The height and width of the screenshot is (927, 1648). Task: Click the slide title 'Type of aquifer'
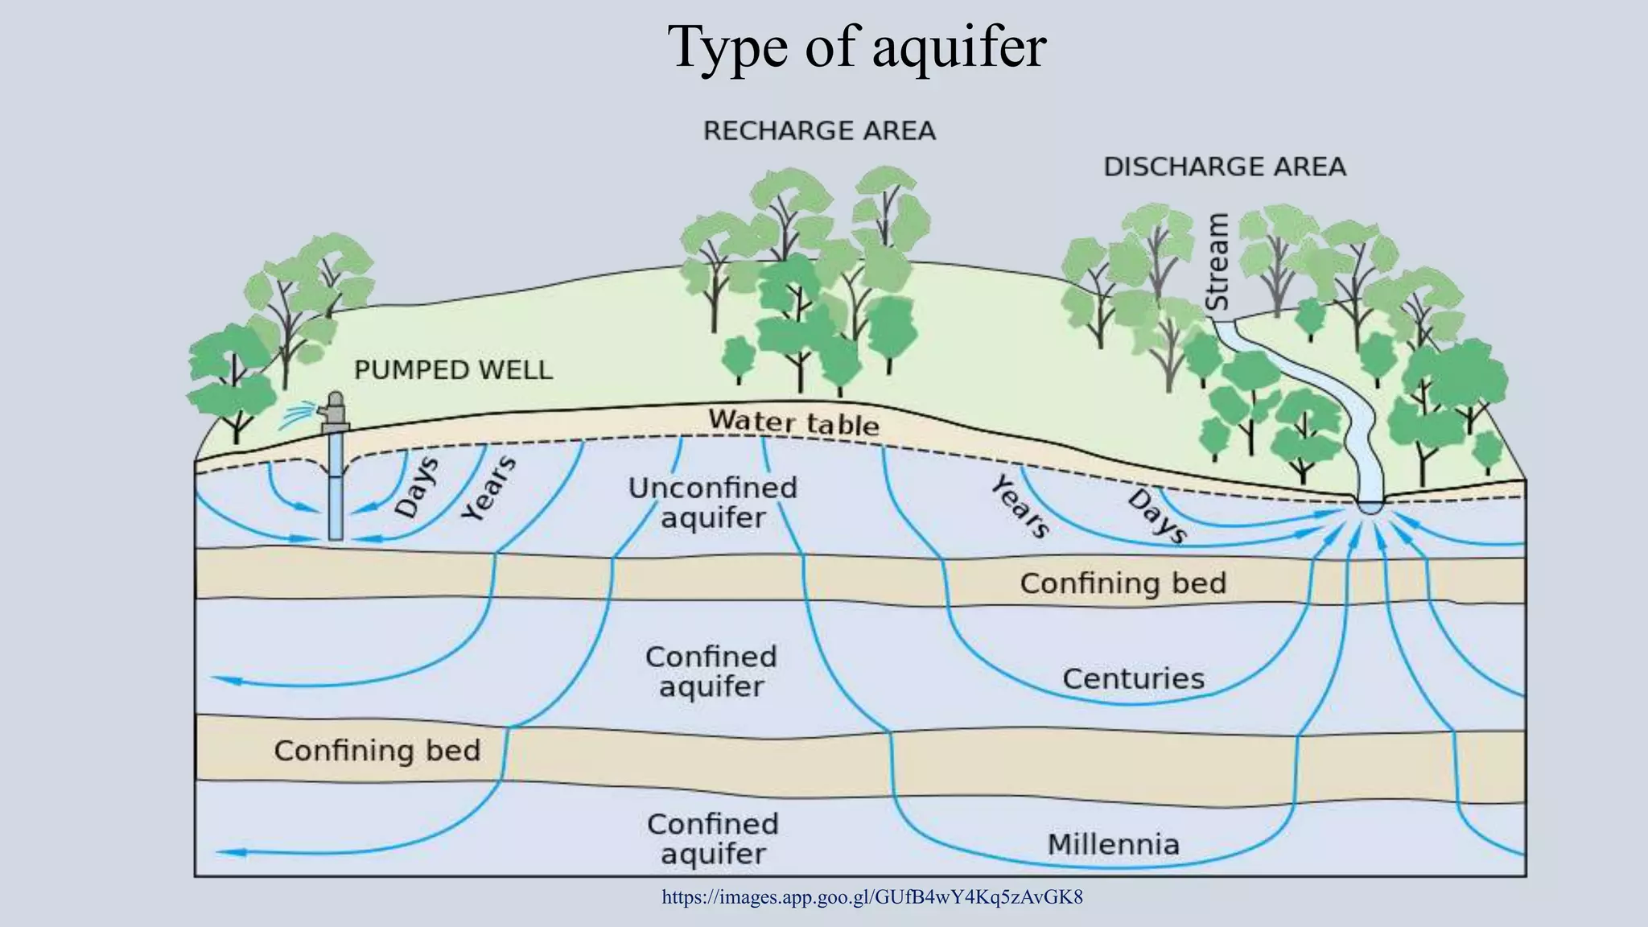(x=856, y=47)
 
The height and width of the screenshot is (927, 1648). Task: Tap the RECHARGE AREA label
(x=819, y=130)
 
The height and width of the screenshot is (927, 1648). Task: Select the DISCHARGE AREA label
(x=1224, y=167)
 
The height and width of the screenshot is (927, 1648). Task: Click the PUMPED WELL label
(x=453, y=370)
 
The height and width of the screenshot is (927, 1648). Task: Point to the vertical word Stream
(x=1217, y=262)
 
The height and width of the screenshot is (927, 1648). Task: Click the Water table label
(x=793, y=422)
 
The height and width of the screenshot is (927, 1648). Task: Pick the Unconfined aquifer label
(x=713, y=503)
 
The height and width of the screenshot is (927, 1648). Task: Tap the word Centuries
(x=1133, y=679)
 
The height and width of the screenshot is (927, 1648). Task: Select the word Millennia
(x=1113, y=845)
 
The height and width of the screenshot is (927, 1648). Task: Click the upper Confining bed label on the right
(x=1123, y=583)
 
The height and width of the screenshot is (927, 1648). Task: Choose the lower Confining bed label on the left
(x=377, y=751)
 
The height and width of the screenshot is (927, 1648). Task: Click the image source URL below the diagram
(x=871, y=896)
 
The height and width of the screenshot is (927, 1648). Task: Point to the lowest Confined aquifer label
(x=713, y=838)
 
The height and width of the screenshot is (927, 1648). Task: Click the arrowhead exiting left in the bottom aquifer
(x=224, y=852)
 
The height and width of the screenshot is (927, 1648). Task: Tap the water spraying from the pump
(x=299, y=415)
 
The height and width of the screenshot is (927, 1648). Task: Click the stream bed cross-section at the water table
(x=1370, y=507)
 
